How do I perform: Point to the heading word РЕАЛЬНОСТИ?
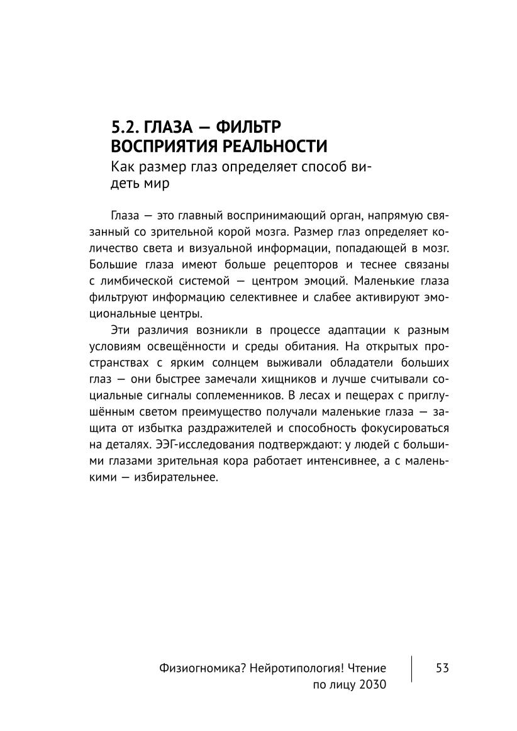pos(277,147)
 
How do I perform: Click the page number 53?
pos(441,668)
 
